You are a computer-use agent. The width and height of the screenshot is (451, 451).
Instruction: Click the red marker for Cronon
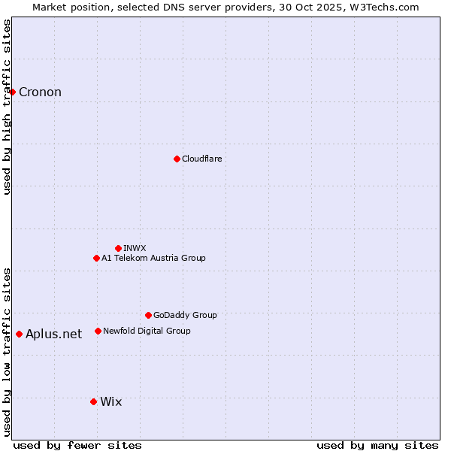[x=13, y=92]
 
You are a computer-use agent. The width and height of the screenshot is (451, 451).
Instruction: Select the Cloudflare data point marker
[x=177, y=159]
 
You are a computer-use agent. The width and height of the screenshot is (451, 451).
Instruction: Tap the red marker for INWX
[x=118, y=248]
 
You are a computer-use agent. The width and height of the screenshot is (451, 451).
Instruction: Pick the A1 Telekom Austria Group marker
[x=96, y=258]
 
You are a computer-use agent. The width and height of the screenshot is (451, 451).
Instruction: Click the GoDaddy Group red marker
[x=148, y=315]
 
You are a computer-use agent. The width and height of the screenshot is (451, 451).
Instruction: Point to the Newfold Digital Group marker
[x=98, y=331]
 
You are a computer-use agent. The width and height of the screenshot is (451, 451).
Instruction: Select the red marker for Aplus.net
[x=20, y=334]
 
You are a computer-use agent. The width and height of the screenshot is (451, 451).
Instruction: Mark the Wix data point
[x=93, y=401]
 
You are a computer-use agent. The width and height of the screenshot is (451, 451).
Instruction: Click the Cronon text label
[x=40, y=92]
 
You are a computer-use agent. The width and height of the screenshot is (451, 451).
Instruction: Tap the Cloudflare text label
[x=202, y=159]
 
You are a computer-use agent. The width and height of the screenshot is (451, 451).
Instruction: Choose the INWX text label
[x=135, y=248]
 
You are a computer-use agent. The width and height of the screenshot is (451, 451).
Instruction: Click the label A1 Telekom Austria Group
[x=153, y=258]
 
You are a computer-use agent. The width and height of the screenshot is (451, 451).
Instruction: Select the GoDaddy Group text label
[x=185, y=315]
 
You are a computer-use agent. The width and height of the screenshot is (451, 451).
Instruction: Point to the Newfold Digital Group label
[x=147, y=331]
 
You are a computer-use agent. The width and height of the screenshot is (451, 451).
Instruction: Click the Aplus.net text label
[x=53, y=334]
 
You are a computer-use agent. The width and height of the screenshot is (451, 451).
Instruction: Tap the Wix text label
[x=110, y=402]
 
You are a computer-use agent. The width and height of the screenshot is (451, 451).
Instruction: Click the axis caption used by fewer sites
[x=77, y=445]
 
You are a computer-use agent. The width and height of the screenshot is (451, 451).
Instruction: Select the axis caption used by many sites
[x=377, y=445]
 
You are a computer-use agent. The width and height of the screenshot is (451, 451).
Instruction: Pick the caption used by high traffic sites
[x=7, y=107]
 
